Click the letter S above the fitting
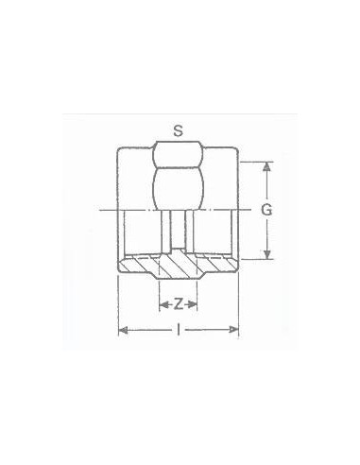pyautogui.click(x=178, y=129)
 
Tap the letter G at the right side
pyautogui.click(x=266, y=210)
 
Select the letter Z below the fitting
pyautogui.click(x=178, y=303)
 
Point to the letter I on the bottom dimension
pyautogui.click(x=178, y=330)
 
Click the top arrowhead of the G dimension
pyautogui.click(x=266, y=166)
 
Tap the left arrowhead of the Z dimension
pyautogui.click(x=163, y=303)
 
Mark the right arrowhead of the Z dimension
pyautogui.click(x=194, y=303)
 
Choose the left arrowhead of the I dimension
pyautogui.click(x=122, y=330)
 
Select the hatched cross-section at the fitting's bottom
pyautogui.click(x=178, y=267)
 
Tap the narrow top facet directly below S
pyautogui.click(x=178, y=153)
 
